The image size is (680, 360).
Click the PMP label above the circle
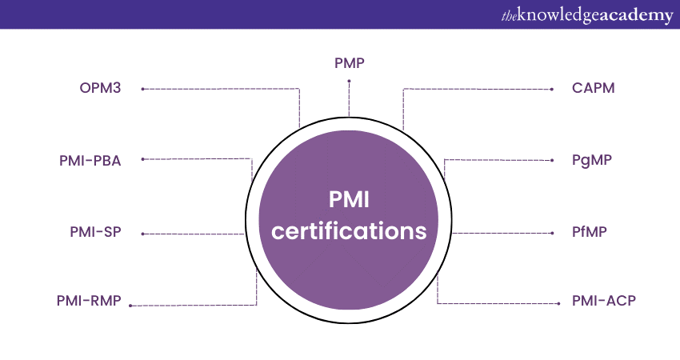[349, 62]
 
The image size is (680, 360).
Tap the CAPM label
[594, 88]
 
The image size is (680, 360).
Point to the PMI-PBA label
[90, 160]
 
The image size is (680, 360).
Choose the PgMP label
[592, 160]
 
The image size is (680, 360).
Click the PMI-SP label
[95, 234]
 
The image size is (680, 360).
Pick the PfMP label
[590, 234]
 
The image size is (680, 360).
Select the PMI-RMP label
[89, 302]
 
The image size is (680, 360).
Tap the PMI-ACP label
[603, 302]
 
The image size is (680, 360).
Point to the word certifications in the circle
[349, 231]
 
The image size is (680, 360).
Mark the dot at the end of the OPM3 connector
[142, 89]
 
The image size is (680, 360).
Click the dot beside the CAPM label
[553, 89]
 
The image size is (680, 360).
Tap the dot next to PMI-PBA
[142, 159]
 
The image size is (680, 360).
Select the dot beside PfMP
[553, 234]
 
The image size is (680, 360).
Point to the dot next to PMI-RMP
[130, 306]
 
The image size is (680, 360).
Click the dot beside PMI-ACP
[553, 303]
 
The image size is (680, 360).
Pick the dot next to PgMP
[553, 160]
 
